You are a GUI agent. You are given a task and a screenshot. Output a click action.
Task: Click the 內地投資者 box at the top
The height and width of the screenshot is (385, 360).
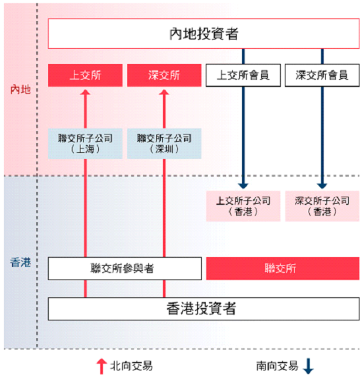click(x=204, y=34)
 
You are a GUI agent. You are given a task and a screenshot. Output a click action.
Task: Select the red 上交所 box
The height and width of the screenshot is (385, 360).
click(x=85, y=75)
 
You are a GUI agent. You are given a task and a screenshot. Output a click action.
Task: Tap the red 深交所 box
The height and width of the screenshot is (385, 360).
click(x=164, y=75)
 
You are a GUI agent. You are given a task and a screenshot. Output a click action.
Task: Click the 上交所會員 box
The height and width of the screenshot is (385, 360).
click(x=243, y=75)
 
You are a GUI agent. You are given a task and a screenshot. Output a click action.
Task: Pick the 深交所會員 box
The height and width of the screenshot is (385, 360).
click(x=322, y=75)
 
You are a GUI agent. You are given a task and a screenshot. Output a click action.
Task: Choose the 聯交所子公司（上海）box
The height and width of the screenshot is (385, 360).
click(x=85, y=144)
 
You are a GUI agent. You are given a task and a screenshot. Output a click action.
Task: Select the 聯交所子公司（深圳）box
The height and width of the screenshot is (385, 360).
click(x=164, y=144)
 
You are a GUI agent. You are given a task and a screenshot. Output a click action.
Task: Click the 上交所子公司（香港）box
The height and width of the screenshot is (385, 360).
click(x=243, y=206)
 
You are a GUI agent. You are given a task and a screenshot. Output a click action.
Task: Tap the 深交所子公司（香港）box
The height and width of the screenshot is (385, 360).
click(x=322, y=206)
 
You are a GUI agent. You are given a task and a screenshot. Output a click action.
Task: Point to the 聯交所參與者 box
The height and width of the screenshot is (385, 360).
click(x=125, y=268)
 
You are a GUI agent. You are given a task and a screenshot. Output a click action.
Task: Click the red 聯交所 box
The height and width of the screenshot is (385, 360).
click(x=283, y=268)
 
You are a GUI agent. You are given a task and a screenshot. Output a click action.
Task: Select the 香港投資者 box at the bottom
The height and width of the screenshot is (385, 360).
click(x=204, y=309)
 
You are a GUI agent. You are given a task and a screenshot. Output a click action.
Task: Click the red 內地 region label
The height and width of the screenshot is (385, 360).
click(x=20, y=90)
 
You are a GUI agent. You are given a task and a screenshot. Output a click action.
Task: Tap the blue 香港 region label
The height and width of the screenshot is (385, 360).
click(x=20, y=262)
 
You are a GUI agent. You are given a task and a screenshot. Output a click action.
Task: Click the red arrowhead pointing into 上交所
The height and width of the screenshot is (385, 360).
click(x=85, y=92)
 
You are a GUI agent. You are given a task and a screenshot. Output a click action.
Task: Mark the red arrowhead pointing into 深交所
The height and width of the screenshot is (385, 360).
click(x=164, y=92)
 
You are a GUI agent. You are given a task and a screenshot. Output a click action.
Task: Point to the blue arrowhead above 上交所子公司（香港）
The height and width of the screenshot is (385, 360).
click(x=243, y=186)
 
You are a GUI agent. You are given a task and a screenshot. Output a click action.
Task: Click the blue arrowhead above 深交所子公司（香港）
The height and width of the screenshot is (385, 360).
click(x=322, y=186)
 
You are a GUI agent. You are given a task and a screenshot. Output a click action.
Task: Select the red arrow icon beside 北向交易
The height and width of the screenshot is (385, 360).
click(x=102, y=367)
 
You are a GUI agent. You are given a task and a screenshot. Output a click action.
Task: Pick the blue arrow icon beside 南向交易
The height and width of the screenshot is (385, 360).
click(x=308, y=366)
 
